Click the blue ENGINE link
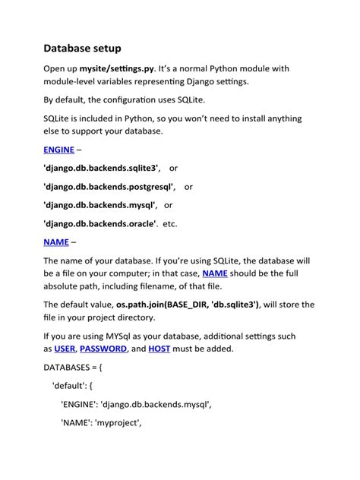click(58, 150)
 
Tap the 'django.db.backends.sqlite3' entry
click(101, 168)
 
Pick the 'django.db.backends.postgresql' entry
click(109, 186)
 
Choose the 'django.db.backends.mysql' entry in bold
click(99, 204)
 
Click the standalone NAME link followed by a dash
click(55, 242)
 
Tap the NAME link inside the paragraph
click(215, 273)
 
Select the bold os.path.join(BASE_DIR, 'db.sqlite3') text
click(182, 305)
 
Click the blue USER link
click(65, 349)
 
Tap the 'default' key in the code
click(69, 386)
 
